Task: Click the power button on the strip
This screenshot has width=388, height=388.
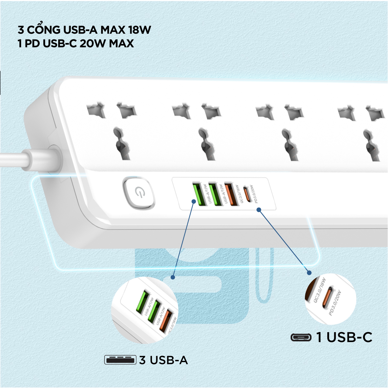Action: coord(139,193)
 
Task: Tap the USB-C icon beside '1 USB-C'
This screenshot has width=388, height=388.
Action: coord(301,337)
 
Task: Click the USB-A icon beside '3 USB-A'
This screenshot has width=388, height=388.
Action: coord(120,360)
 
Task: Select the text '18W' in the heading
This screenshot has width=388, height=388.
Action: coord(139,30)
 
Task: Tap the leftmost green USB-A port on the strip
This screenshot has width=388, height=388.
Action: coord(199,194)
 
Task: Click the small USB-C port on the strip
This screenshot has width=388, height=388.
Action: coord(247,194)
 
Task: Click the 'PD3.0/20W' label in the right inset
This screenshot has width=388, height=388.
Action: coord(335,303)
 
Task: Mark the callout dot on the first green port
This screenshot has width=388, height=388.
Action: coord(194,201)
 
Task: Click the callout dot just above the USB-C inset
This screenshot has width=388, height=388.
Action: coord(309,273)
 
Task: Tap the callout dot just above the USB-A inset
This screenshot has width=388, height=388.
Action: coord(173,277)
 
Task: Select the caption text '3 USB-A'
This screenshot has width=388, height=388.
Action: coord(163,360)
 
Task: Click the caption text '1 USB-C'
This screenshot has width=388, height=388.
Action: coord(344,337)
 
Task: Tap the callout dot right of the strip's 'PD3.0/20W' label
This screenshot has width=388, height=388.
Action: coord(259,210)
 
